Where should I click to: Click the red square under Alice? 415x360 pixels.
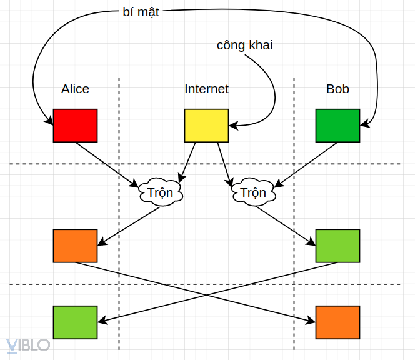point(75,125)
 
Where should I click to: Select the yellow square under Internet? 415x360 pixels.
point(206,125)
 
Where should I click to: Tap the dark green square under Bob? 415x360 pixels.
point(337,125)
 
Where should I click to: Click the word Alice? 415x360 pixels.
point(75,89)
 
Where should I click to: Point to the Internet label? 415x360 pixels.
point(206,89)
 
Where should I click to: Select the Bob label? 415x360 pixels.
point(337,89)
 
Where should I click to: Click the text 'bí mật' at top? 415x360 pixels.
point(141,12)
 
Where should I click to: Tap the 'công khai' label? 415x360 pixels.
point(245,45)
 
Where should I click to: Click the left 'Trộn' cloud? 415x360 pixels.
point(161,192)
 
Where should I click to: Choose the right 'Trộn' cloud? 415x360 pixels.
point(253,192)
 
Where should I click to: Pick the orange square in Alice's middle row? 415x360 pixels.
point(75,246)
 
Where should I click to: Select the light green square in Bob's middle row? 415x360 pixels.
point(337,246)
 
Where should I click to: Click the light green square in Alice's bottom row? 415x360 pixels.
point(75,322)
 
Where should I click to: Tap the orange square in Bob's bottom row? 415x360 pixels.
point(337,322)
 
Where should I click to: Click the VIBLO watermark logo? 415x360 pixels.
point(28,345)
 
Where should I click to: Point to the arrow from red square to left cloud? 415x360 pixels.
point(106,164)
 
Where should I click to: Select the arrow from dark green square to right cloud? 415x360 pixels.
point(306,164)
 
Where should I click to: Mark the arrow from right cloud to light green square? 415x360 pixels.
point(284,226)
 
